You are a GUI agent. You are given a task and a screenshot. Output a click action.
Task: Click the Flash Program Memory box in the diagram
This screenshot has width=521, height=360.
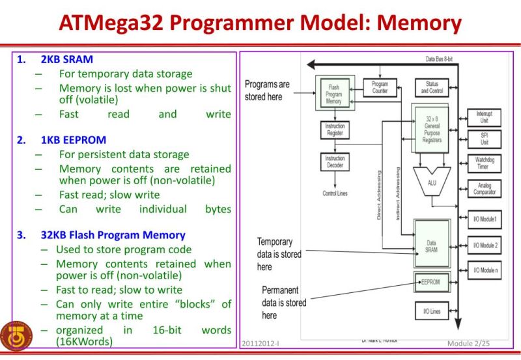pos(333,94)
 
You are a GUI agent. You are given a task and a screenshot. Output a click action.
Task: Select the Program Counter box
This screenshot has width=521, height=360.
pos(380,87)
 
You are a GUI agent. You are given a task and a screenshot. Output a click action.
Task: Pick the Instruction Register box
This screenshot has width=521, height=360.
pos(334,130)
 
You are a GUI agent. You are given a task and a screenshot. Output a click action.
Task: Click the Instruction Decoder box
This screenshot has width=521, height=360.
pos(334,162)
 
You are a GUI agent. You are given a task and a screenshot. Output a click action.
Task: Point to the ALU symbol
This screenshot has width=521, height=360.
pos(431,183)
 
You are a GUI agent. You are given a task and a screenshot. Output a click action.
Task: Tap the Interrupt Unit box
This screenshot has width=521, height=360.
pos(484,117)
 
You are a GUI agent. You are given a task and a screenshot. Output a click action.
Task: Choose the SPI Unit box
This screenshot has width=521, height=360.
pos(484,139)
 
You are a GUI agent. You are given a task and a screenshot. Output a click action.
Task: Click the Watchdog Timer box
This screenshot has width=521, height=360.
pos(484,163)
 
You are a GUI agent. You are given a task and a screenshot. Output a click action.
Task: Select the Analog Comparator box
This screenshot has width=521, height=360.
pos(484,189)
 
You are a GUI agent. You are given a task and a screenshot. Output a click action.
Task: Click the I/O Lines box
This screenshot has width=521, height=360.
pos(431,311)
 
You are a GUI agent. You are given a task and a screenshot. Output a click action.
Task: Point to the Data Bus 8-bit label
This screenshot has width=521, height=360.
pos(439,59)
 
